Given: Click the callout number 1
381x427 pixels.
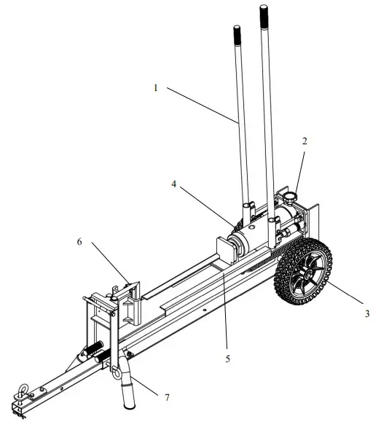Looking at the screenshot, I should pos(155,88).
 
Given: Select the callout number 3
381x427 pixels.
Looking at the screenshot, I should pos(366,314).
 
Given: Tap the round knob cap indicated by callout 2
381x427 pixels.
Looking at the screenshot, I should pos(294,197).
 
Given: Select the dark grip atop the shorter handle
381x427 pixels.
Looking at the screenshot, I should pos(237,34).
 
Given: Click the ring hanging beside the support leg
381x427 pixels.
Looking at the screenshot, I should pos(117,372).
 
